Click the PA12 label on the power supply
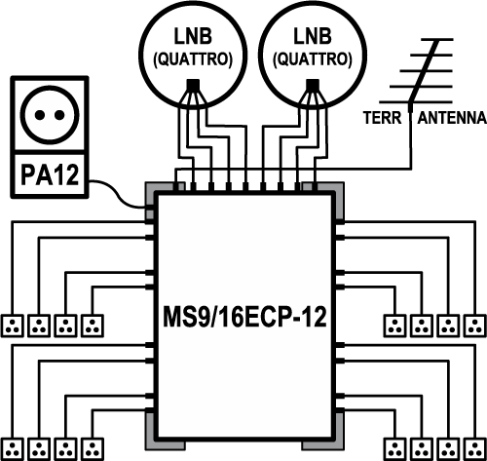[x=50, y=174]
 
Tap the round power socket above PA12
[x=50, y=115]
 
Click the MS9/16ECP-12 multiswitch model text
[x=244, y=317]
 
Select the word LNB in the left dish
[x=193, y=36]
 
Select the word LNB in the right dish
[x=313, y=36]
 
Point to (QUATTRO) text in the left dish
[x=193, y=59]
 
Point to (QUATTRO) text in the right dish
[x=313, y=59]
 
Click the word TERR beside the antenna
[x=383, y=118]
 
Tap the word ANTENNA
[x=452, y=118]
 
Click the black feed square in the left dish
[x=193, y=85]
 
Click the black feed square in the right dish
[x=313, y=85]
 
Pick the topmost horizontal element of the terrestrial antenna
[x=437, y=39]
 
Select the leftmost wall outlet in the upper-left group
[x=13, y=326]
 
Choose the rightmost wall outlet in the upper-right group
[x=475, y=326]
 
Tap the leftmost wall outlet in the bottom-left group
[x=13, y=449]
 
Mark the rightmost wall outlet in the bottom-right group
[x=475, y=449]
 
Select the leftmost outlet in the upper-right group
[x=395, y=326]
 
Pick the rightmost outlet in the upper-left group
[x=93, y=326]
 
